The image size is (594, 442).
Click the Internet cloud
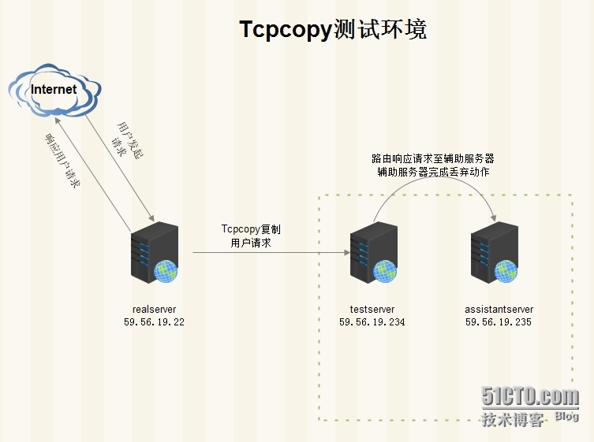54,90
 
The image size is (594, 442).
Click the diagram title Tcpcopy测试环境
333,29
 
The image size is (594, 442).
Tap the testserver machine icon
374,252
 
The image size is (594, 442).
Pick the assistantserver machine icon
495,252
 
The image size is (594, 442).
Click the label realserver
154,309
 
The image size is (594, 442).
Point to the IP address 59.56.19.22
154,322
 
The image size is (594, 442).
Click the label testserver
372,309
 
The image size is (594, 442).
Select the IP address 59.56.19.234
372,322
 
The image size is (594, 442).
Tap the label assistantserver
499,309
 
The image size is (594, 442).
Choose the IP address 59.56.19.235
499,322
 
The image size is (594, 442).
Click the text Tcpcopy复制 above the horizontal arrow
251,229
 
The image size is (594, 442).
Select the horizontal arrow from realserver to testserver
271,252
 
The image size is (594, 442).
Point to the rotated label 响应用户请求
62,161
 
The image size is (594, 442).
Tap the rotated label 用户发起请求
127,140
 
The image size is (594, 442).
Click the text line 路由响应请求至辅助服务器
433,158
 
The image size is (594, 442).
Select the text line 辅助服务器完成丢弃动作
433,172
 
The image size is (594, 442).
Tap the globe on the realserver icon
166,271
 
